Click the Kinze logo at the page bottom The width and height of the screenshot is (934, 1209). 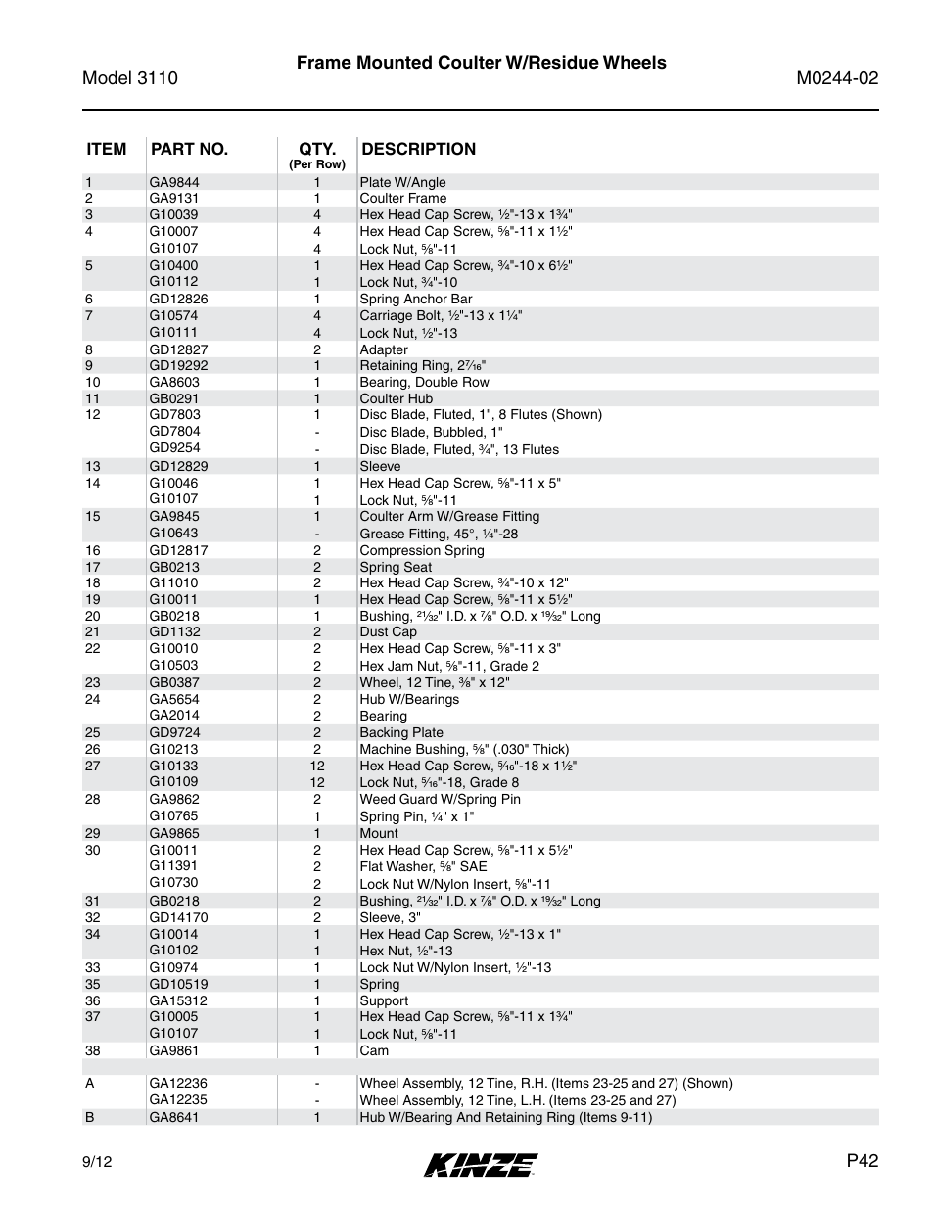[480, 1164]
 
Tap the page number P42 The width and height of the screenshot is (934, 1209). [863, 1160]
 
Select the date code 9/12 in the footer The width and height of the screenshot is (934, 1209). [97, 1162]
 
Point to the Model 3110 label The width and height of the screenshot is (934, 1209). [130, 78]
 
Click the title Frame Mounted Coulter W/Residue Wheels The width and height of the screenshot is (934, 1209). [481, 63]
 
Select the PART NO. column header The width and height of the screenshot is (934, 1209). [189, 149]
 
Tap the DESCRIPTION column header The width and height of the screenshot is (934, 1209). [418, 149]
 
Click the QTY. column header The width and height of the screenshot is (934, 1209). [317, 150]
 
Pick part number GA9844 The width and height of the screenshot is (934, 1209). [174, 182]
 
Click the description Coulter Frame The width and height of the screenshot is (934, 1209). [402, 198]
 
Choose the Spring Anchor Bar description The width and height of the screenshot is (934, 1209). [415, 299]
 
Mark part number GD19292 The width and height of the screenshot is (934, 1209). [178, 365]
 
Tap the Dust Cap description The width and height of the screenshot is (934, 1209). [388, 631]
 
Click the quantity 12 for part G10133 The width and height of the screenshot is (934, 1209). [317, 766]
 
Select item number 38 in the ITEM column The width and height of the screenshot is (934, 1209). [92, 1050]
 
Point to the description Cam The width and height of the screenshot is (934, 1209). [374, 1050]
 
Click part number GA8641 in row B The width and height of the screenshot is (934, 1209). [174, 1117]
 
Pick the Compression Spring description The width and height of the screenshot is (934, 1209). [421, 550]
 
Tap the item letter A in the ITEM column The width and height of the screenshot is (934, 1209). [89, 1083]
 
